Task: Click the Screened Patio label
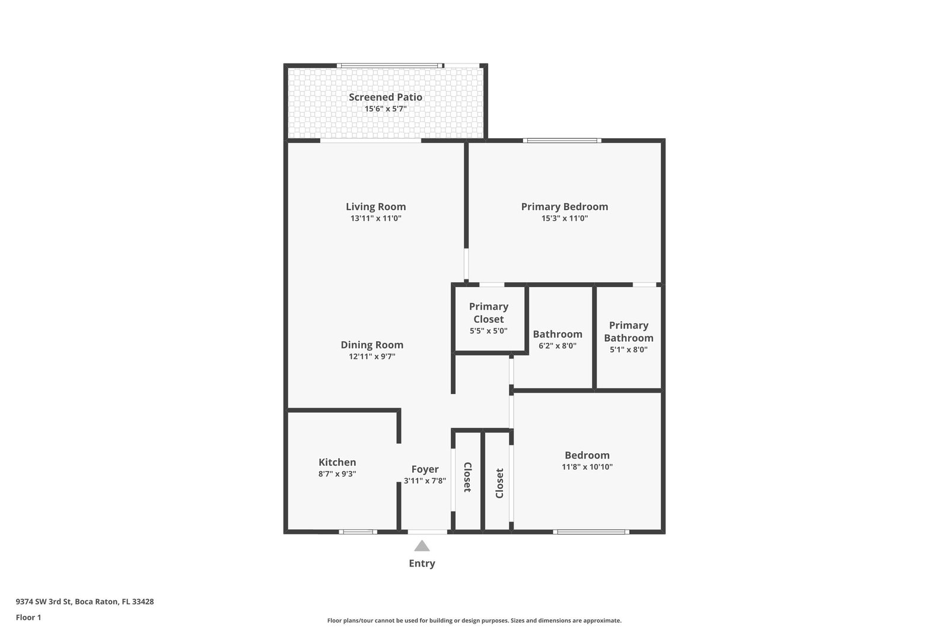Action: pos(385,97)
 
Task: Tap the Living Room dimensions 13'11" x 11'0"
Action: pos(376,218)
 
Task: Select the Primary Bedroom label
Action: pos(564,207)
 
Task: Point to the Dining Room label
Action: pos(372,345)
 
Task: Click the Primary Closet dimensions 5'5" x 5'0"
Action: pos(489,331)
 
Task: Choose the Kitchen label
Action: pos(337,462)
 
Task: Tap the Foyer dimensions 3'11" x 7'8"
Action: pos(425,481)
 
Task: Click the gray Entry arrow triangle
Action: pos(422,546)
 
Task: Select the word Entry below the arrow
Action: pos(422,564)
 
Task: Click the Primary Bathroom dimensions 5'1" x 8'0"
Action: pos(629,349)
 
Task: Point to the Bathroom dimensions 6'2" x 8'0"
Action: pos(558,346)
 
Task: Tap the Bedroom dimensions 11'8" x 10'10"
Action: pos(587,467)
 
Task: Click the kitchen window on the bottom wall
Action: pos(358,532)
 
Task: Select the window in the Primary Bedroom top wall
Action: pos(562,141)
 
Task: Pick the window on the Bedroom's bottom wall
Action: pos(591,532)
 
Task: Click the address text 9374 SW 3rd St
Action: pos(44,602)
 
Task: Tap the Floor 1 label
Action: pos(28,618)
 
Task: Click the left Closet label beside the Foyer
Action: pos(468,477)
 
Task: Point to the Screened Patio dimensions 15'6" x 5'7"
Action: pos(386,109)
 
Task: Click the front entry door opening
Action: pos(428,532)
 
